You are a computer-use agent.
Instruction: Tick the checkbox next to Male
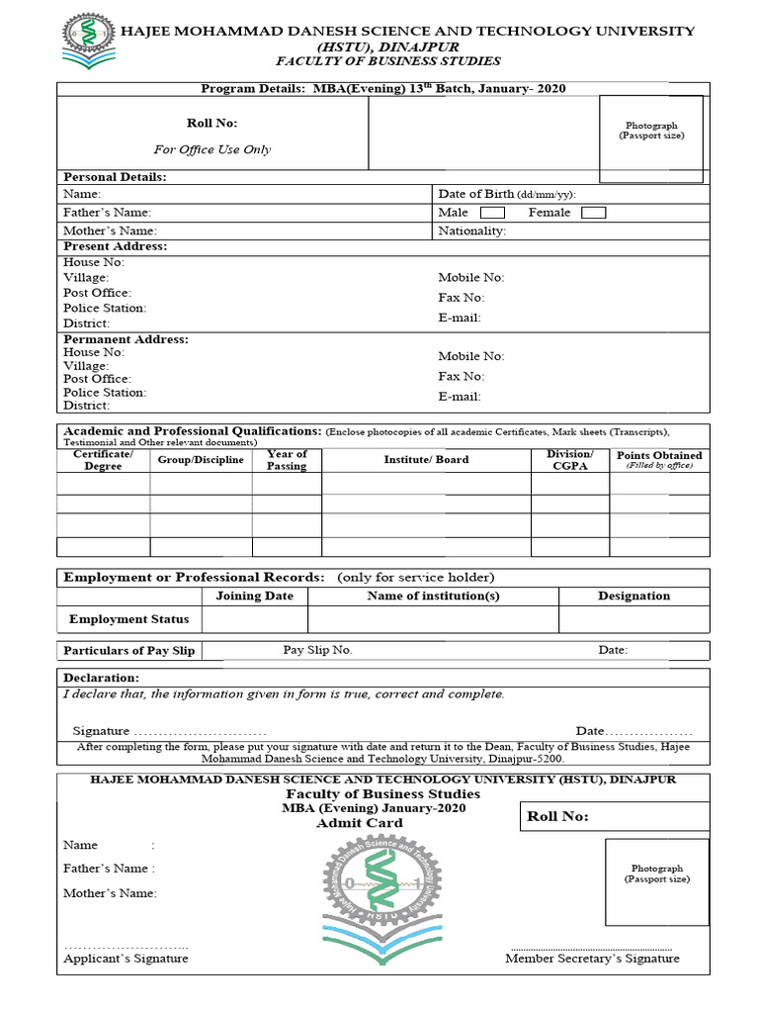point(492,213)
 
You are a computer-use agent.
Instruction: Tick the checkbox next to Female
point(593,213)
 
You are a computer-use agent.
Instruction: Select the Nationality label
point(471,230)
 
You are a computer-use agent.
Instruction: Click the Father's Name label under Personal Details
point(107,213)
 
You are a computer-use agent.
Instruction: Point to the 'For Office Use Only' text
point(211,149)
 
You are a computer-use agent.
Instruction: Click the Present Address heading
point(115,246)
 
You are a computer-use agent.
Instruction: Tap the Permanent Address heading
point(126,339)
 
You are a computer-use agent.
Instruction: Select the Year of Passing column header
point(287,460)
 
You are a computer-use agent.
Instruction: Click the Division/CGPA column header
point(570,460)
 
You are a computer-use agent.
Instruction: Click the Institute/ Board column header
point(426,459)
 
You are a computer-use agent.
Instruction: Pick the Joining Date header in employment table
point(254,596)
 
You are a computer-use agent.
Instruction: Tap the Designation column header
point(633,596)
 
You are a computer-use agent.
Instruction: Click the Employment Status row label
point(128,619)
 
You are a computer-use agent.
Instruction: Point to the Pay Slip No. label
point(317,650)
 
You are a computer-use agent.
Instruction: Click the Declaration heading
point(101,678)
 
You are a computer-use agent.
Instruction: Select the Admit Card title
point(359,823)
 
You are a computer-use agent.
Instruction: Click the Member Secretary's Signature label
point(592,958)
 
